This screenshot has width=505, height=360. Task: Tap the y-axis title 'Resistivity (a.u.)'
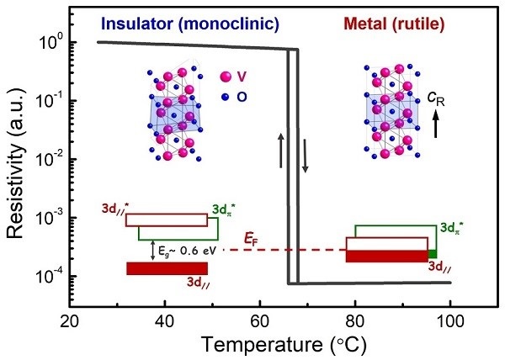pyautogui.click(x=19, y=159)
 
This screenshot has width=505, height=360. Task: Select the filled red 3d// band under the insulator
pyautogui.click(x=167, y=268)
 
